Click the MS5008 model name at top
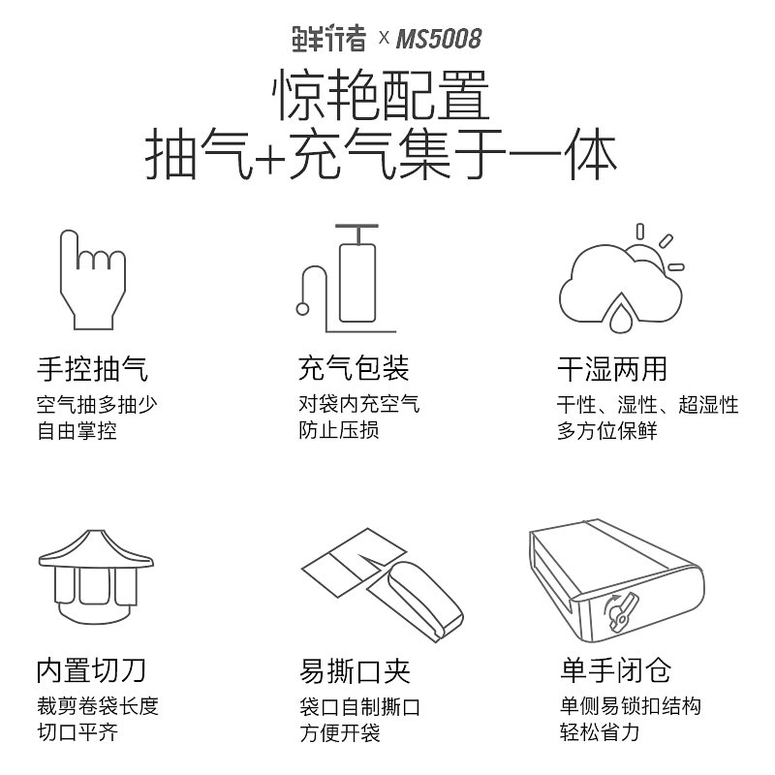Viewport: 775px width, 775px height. click(x=439, y=38)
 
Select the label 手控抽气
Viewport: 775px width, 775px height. click(x=92, y=369)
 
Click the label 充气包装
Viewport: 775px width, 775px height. click(x=354, y=369)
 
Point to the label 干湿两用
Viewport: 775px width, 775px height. click(x=612, y=369)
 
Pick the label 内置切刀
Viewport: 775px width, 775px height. click(x=92, y=669)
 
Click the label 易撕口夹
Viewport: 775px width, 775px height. click(x=355, y=669)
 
